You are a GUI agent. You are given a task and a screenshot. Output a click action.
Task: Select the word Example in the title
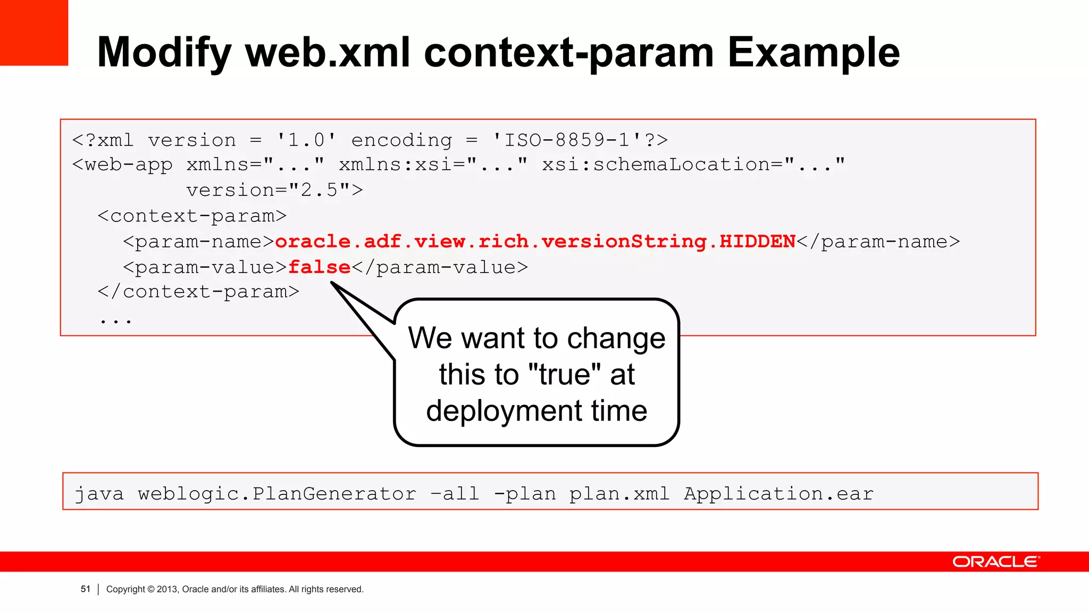point(813,53)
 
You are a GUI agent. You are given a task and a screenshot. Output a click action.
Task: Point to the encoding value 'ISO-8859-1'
point(566,140)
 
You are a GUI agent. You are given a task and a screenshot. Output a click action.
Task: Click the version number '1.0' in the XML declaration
point(306,140)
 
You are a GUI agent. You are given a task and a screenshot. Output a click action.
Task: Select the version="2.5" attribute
point(274,190)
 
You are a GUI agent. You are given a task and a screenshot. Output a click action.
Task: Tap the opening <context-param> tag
point(192,216)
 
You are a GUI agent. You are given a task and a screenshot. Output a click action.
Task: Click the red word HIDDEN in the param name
point(757,242)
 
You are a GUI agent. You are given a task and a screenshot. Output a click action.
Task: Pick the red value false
point(319,267)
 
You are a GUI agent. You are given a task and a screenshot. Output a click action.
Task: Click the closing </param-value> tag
point(439,267)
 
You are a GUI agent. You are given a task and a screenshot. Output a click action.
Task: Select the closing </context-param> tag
point(198,292)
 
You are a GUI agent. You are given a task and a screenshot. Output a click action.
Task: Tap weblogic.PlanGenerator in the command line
point(277,494)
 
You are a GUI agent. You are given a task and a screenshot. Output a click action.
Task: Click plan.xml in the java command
point(619,494)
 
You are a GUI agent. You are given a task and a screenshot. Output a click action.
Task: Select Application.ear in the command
point(778,494)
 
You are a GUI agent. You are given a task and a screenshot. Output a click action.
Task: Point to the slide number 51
point(86,589)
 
